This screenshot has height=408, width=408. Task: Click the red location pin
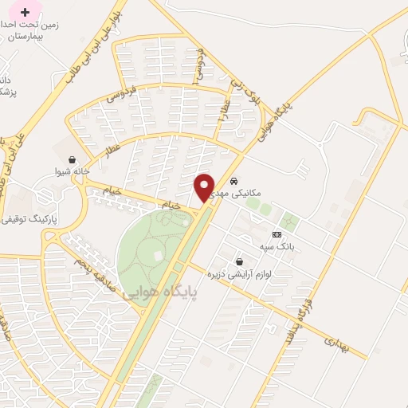(205, 187)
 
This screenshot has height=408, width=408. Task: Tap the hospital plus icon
(25, 12)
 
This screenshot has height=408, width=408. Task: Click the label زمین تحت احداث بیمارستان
(33, 30)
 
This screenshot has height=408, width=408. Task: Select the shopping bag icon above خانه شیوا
(73, 159)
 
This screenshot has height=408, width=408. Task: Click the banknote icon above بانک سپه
(277, 234)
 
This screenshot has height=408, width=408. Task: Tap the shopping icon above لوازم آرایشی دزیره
(239, 261)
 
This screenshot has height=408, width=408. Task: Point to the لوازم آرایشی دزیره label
(239, 273)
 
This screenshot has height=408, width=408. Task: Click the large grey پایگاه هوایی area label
(162, 292)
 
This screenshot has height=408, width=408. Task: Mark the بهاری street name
(336, 343)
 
